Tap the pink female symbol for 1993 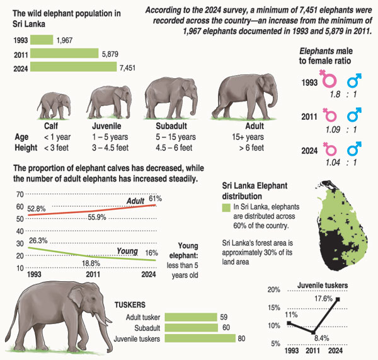327,80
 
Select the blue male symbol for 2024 355,150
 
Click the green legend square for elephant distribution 227,207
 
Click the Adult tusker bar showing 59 190,317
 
